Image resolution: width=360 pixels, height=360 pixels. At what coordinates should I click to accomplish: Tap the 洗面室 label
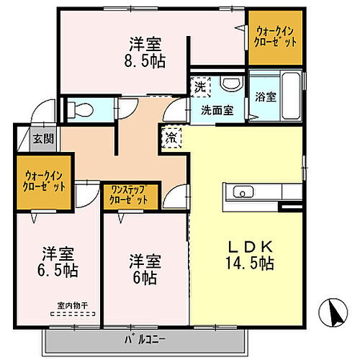coord(215,111)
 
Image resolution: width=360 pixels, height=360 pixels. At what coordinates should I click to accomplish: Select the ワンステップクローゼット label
coord(129,195)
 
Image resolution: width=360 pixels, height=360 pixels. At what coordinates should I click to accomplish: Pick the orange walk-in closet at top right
coord(274,37)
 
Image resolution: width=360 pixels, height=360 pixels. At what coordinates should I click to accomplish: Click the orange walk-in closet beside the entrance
coord(44,181)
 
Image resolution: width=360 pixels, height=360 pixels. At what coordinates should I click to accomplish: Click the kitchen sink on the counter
coord(241,192)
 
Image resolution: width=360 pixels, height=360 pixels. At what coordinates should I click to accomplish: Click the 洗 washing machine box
coord(199,86)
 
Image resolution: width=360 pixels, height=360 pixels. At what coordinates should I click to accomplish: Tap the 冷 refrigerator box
coord(171,135)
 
